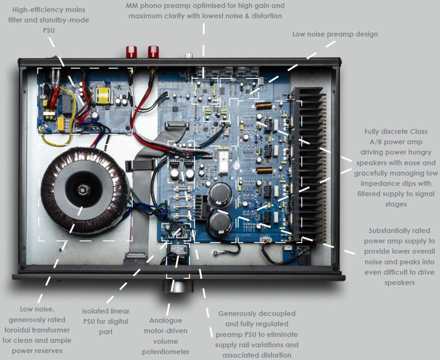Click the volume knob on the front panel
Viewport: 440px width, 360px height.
point(178,286)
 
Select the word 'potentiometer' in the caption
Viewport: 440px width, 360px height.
point(165,352)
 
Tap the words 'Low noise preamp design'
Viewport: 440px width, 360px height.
point(335,34)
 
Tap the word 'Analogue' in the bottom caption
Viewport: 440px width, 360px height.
point(165,321)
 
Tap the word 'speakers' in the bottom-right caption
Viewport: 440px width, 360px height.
point(399,283)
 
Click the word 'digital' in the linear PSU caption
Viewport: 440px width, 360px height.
point(118,322)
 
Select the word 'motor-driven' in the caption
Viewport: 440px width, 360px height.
point(165,331)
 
